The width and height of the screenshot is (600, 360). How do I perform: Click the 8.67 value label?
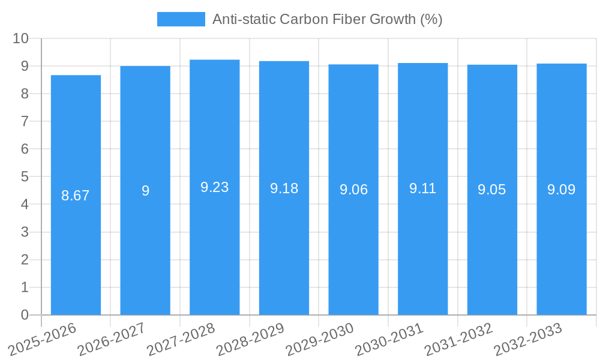coord(76,196)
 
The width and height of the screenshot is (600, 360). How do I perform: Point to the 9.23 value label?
coord(215,187)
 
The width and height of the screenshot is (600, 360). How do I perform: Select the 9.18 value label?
coord(284,188)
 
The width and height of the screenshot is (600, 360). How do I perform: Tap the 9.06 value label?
coord(353,190)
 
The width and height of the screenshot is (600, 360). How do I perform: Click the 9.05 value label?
coord(492,190)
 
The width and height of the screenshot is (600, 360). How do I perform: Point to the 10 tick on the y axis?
coord(21,38)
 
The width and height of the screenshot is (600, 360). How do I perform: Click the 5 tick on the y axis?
coord(25,177)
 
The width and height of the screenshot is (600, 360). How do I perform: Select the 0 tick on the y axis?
coord(25,315)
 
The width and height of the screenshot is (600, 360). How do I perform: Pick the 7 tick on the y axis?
coord(25,121)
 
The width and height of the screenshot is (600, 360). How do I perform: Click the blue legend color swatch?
coord(181,19)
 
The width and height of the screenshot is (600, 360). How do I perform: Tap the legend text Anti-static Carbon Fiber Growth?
coord(327,19)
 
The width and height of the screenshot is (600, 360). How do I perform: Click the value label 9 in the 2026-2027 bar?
coord(145,191)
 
